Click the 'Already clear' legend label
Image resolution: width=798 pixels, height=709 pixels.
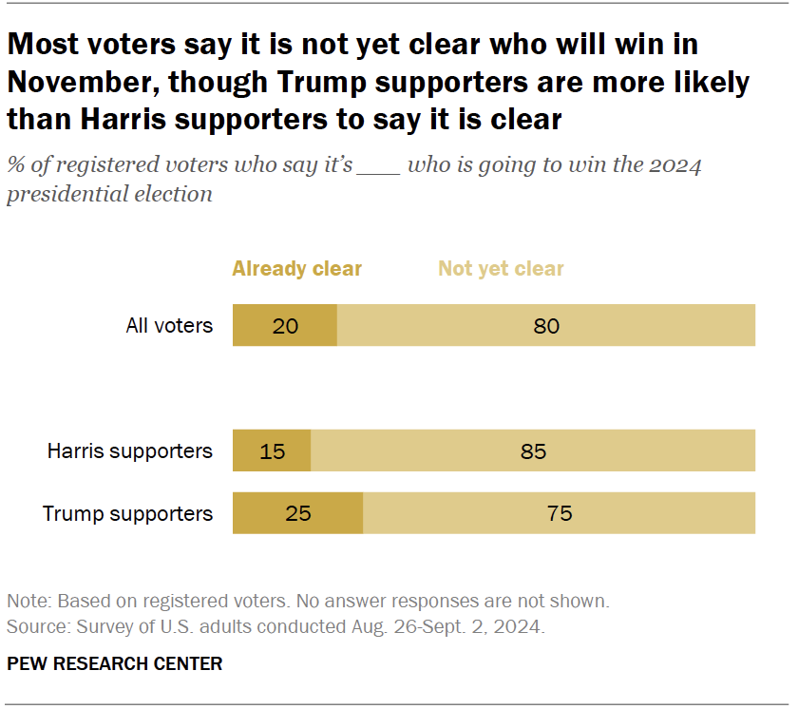click(x=296, y=269)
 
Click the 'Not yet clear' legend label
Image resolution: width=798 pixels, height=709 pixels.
click(x=501, y=269)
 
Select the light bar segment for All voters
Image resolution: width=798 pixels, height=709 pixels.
click(x=546, y=325)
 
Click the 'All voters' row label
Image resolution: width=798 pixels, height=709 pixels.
click(x=169, y=326)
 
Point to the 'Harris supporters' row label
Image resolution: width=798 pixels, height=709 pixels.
click(x=130, y=451)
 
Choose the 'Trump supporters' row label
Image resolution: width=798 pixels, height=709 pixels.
click(x=127, y=514)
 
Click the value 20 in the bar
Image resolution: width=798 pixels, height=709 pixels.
click(x=285, y=326)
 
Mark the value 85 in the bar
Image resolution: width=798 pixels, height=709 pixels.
click(x=533, y=451)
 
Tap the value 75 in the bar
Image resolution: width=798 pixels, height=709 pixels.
click(x=560, y=514)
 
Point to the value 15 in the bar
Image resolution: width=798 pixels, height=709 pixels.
click(x=272, y=451)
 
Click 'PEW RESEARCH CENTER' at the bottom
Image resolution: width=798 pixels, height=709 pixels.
click(x=114, y=663)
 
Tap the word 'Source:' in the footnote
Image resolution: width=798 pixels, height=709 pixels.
click(x=34, y=627)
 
